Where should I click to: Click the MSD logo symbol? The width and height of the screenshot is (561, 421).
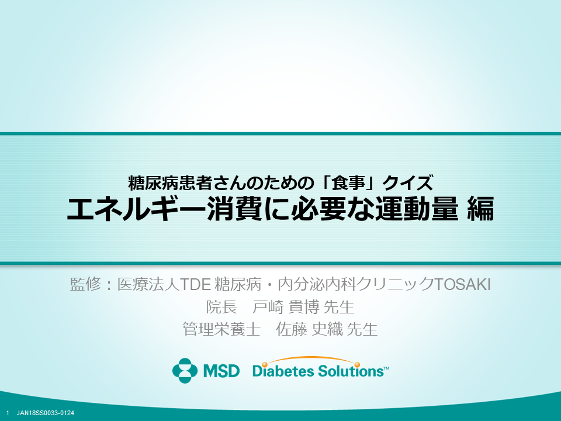tap(185, 371)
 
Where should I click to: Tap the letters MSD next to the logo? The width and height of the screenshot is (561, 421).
tap(221, 371)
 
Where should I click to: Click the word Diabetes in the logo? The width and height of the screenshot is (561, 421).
tap(284, 371)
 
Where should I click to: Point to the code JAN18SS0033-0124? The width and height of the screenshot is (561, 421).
tap(46, 413)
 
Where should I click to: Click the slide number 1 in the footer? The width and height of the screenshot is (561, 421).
tap(8, 413)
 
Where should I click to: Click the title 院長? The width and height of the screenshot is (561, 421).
tap(221, 307)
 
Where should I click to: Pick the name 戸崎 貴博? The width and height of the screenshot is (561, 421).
tap(286, 307)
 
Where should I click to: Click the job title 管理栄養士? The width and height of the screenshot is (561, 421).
tap(221, 329)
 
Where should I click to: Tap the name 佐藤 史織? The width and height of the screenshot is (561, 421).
tap(310, 329)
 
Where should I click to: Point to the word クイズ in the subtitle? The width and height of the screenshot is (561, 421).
tap(408, 183)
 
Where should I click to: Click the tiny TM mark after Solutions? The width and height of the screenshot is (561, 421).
tap(386, 368)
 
